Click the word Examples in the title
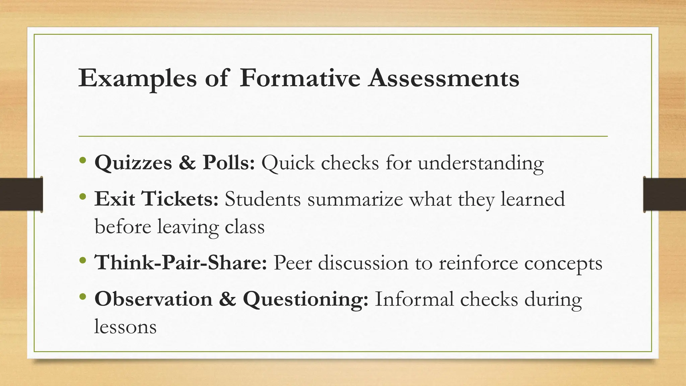[x=137, y=78]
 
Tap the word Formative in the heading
[x=300, y=78]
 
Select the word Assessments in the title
[x=443, y=78]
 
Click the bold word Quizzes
[x=133, y=163]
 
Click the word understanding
[x=481, y=163]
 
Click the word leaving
[x=188, y=227]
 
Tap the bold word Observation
[x=153, y=299]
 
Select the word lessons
[x=125, y=326]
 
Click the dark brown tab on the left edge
[x=21, y=194]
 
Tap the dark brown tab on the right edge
[x=665, y=194]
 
